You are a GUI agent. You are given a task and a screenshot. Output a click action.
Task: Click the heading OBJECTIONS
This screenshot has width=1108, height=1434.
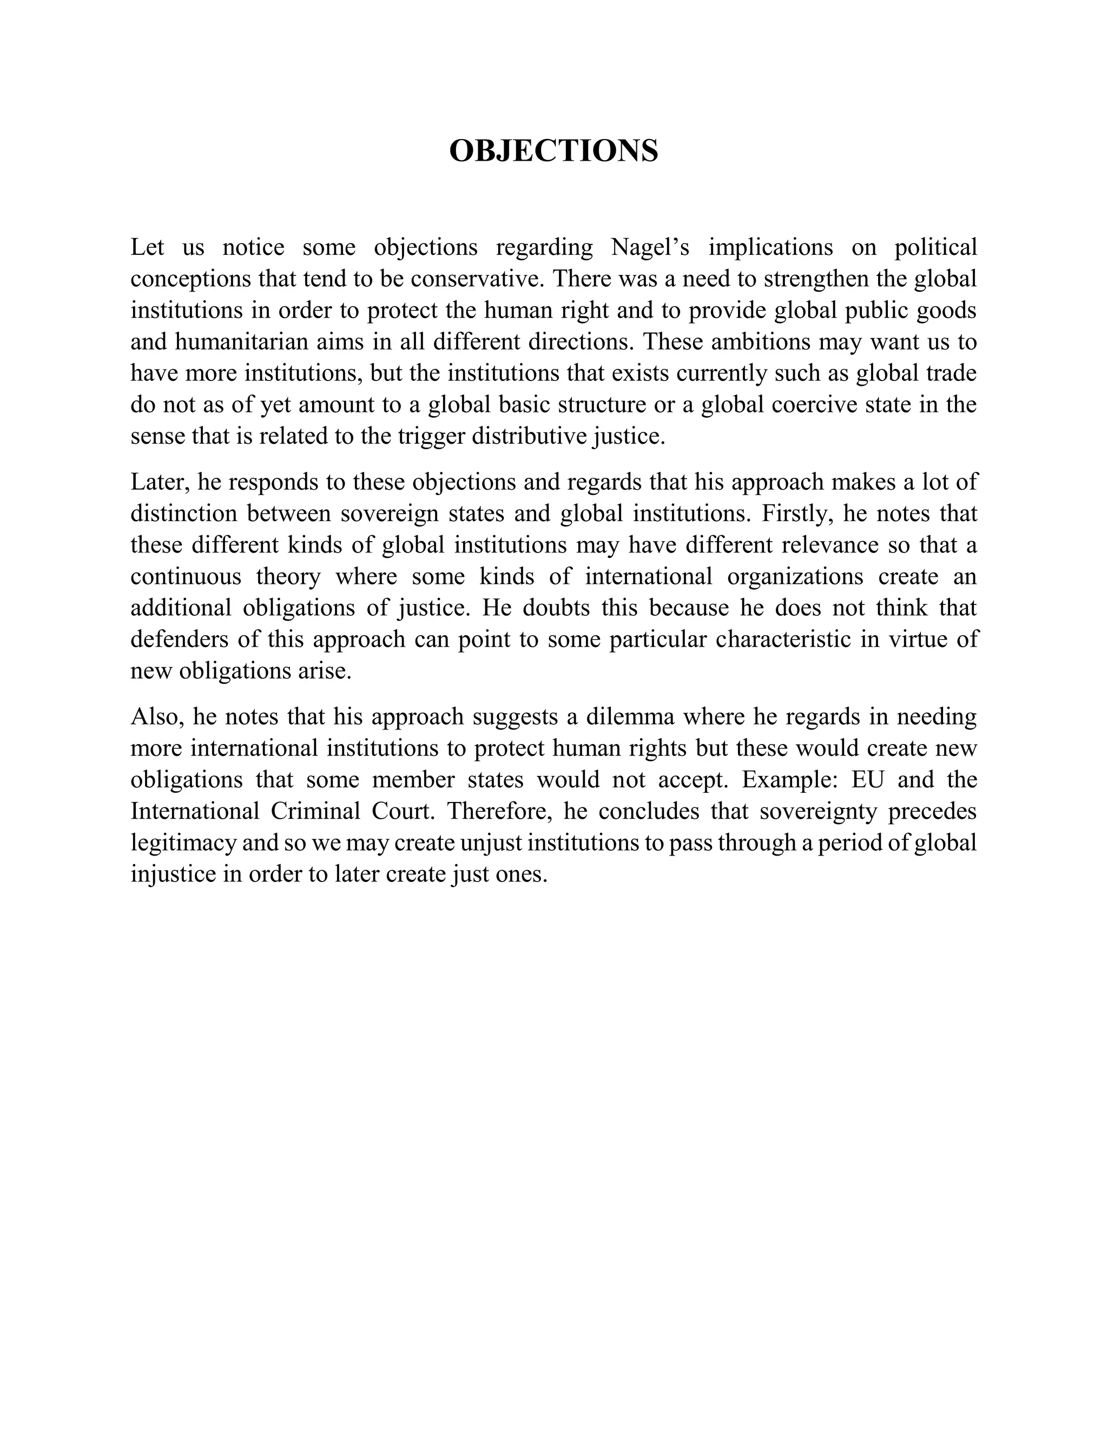553,151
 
